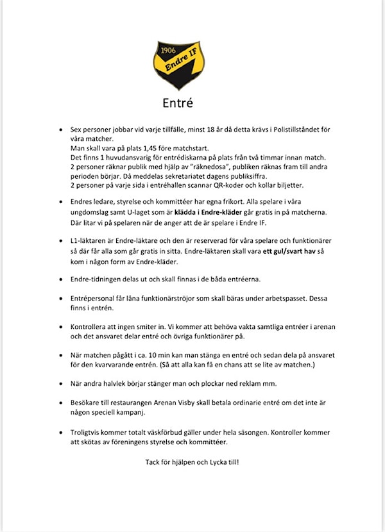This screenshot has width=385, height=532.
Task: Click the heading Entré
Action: click(x=178, y=102)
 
